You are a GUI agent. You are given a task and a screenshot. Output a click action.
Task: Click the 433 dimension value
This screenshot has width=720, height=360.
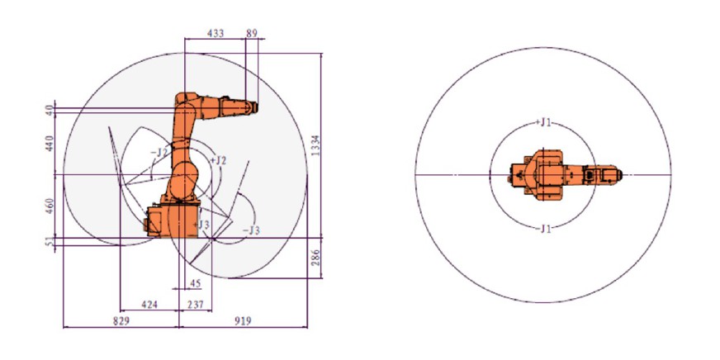(x=216, y=34)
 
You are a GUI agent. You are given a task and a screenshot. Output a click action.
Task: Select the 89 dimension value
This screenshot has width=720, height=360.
(x=252, y=34)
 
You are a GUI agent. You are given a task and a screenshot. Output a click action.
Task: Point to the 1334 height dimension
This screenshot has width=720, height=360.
(x=315, y=145)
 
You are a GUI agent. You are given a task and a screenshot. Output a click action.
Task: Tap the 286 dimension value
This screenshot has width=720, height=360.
(x=315, y=258)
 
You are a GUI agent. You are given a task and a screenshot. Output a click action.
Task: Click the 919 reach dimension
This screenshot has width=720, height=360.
(x=243, y=320)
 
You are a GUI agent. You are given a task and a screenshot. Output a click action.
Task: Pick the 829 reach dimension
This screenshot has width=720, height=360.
(x=121, y=320)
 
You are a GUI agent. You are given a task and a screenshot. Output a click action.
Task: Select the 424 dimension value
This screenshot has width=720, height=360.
(x=149, y=305)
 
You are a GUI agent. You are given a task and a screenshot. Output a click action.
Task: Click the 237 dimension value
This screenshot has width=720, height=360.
(x=196, y=305)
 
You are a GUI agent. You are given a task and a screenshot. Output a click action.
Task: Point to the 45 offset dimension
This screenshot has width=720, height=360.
(x=195, y=284)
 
